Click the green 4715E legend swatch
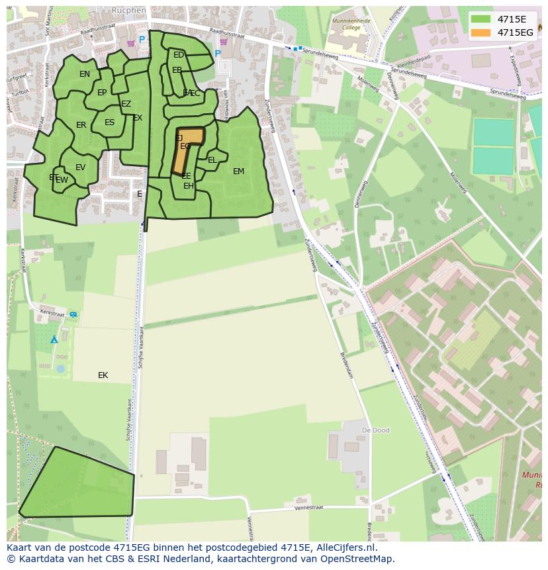click(480, 19)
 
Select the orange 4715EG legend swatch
click(480, 32)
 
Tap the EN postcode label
click(85, 74)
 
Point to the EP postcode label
click(102, 93)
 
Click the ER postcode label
click(81, 125)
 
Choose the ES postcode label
click(110, 122)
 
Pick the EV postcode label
click(81, 167)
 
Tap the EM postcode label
click(238, 171)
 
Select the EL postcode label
click(212, 160)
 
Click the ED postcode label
click(179, 55)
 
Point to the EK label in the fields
click(103, 375)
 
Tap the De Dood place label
click(375, 430)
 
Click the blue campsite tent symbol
click(54, 340)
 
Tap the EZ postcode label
click(126, 104)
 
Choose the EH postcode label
click(189, 186)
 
